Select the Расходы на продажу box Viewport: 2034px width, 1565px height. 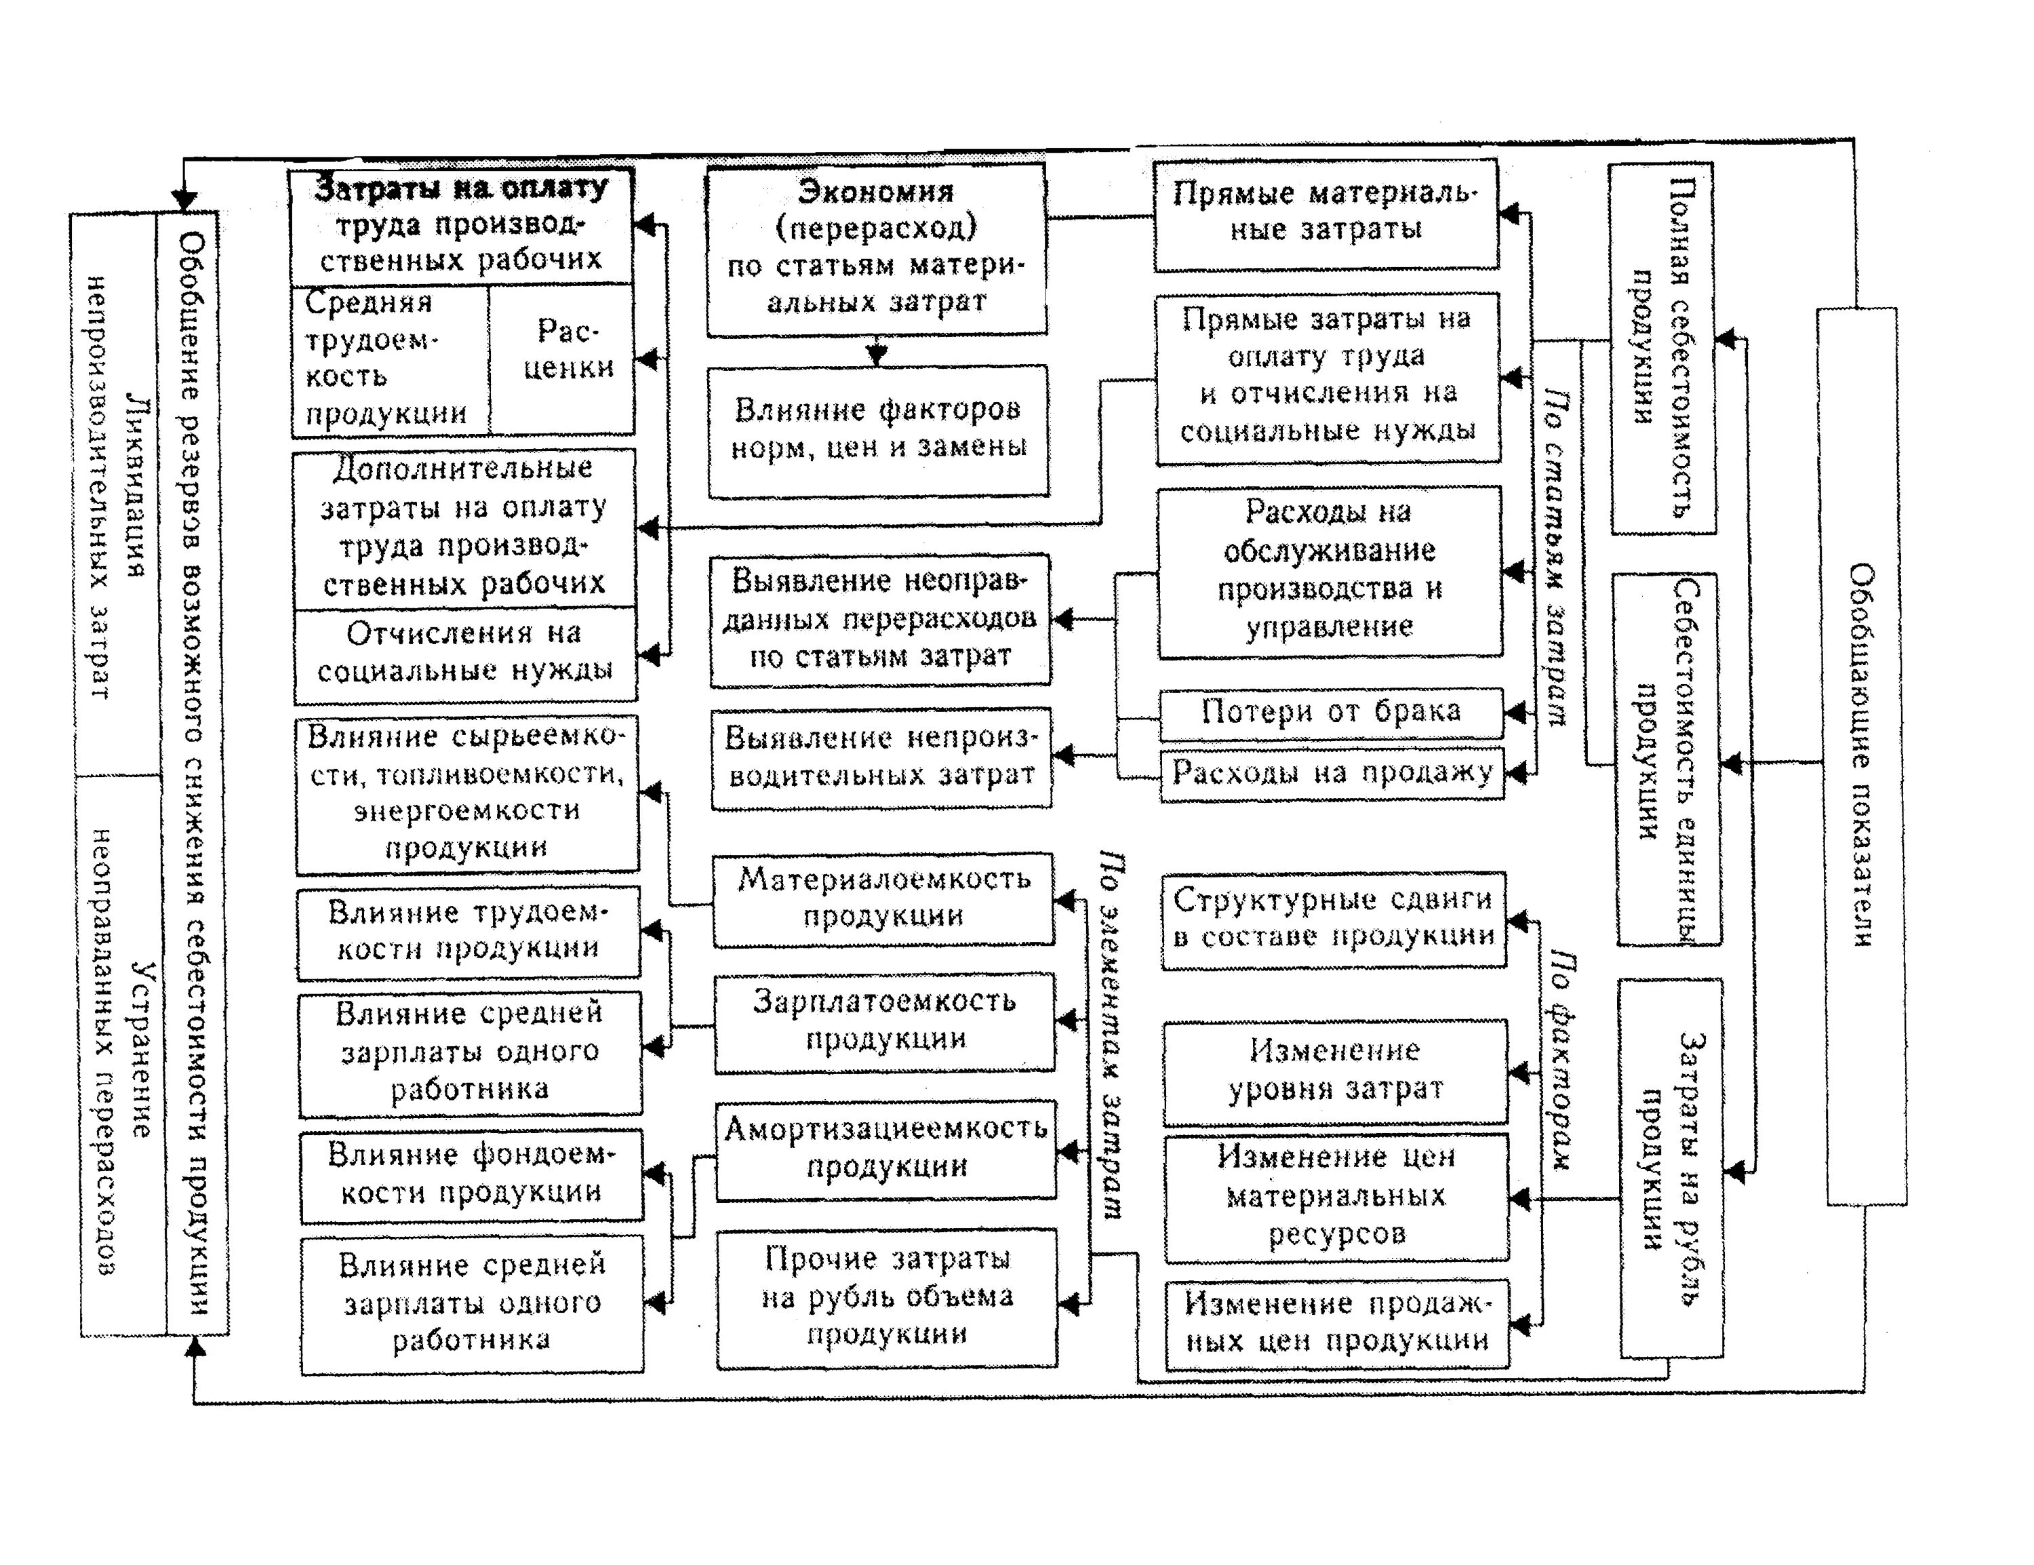tap(1332, 773)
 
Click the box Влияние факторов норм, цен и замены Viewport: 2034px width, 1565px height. tap(877, 431)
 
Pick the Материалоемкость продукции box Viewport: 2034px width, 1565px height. tap(883, 899)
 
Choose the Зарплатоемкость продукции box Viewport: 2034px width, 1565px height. tap(885, 1022)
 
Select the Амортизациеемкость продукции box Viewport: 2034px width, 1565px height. tap(885, 1149)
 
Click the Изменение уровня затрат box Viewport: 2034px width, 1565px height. tap(1334, 1071)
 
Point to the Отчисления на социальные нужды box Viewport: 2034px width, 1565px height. tap(464, 654)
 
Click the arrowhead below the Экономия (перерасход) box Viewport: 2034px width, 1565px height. tap(877, 355)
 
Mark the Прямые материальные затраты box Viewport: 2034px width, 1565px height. tap(1325, 214)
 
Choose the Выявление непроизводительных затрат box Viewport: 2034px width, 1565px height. tap(880, 757)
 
